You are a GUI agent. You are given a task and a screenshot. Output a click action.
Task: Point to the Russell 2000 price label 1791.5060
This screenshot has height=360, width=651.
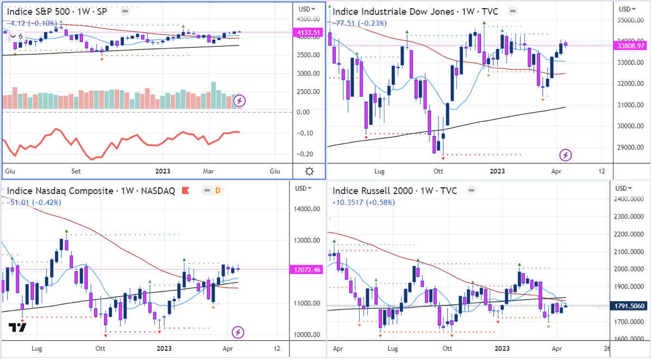click(x=633, y=306)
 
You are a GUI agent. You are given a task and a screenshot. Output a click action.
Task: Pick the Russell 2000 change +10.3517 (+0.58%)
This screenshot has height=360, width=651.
click(x=364, y=202)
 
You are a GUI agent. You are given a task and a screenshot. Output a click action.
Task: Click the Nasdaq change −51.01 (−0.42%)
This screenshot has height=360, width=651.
click(x=34, y=202)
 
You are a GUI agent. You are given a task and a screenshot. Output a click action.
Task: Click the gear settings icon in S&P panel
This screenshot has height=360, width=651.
click(x=309, y=171)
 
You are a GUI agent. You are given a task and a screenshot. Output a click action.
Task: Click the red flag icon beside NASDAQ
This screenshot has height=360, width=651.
click(x=185, y=191)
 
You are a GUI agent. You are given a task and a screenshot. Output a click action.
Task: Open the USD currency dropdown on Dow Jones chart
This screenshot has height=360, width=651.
click(x=628, y=9)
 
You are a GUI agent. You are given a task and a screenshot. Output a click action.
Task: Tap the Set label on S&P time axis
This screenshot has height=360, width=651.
click(x=76, y=171)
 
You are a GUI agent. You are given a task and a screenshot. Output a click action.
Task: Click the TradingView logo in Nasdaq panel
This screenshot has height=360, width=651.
click(x=17, y=327)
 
